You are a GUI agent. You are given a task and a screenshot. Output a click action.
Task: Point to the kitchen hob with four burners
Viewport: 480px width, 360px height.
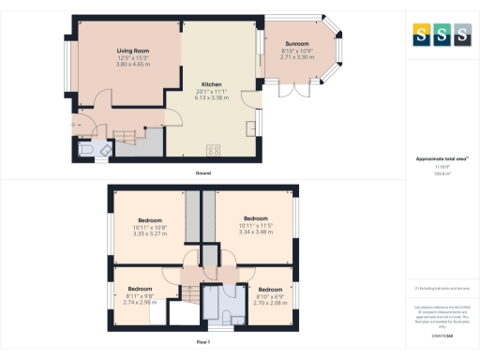[x=213, y=148]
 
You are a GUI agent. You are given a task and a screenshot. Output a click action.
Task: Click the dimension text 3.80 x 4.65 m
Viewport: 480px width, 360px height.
[x=129, y=64]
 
